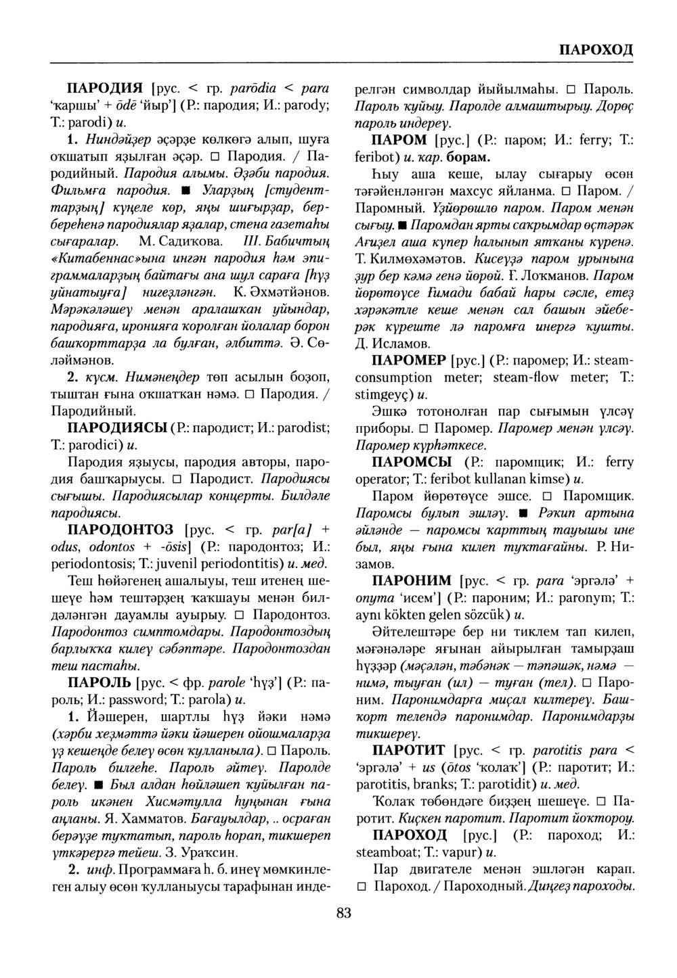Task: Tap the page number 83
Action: (x=343, y=914)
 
